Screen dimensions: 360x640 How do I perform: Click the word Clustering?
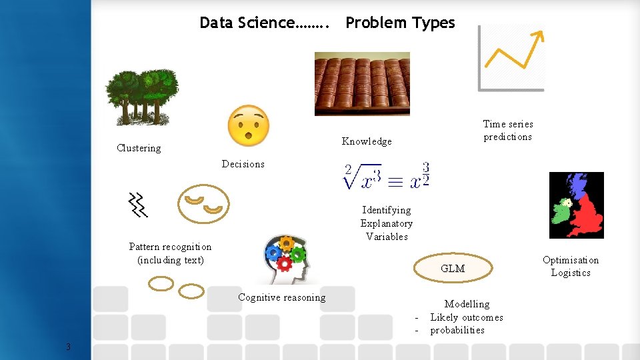(x=139, y=148)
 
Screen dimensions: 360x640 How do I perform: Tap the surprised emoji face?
(x=248, y=125)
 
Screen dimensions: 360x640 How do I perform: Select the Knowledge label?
(x=367, y=141)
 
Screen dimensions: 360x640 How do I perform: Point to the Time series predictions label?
(x=508, y=130)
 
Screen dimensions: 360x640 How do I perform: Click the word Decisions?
(x=243, y=164)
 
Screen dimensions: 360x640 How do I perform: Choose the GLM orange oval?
(x=453, y=268)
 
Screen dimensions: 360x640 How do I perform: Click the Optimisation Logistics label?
(x=571, y=266)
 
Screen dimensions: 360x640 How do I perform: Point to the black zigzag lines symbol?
(x=138, y=205)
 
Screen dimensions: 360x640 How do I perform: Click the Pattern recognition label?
(x=170, y=253)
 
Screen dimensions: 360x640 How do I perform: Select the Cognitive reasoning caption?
(x=282, y=297)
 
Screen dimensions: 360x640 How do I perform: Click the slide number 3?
(x=68, y=346)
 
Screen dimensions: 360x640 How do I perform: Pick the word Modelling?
(x=467, y=304)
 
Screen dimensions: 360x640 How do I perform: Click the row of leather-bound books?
(x=362, y=83)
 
